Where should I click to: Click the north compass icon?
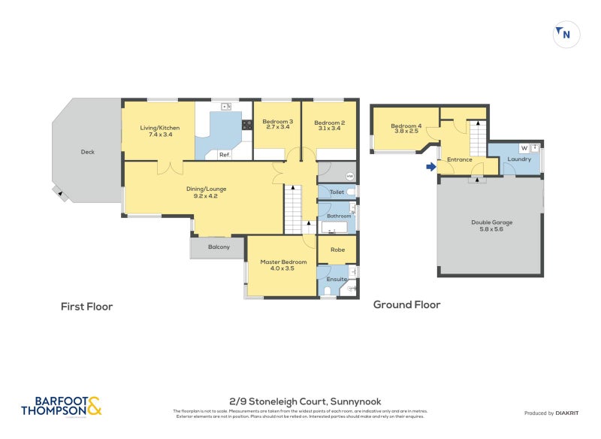click(x=566, y=35)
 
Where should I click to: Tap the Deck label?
click(x=88, y=152)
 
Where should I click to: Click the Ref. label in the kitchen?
click(x=224, y=155)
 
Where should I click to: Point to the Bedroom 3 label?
click(x=277, y=123)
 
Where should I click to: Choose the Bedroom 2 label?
click(x=329, y=123)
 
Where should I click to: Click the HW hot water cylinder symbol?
click(x=349, y=177)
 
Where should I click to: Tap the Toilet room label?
click(x=337, y=192)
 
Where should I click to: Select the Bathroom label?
click(x=338, y=216)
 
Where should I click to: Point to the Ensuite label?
click(x=337, y=279)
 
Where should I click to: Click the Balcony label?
click(x=210, y=247)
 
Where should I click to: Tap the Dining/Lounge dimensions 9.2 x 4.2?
click(x=206, y=196)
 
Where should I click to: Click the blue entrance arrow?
click(x=430, y=167)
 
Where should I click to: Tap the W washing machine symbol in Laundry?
click(x=524, y=148)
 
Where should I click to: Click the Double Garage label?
click(x=490, y=223)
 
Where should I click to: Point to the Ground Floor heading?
click(x=406, y=304)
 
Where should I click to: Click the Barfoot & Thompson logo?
click(x=60, y=407)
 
